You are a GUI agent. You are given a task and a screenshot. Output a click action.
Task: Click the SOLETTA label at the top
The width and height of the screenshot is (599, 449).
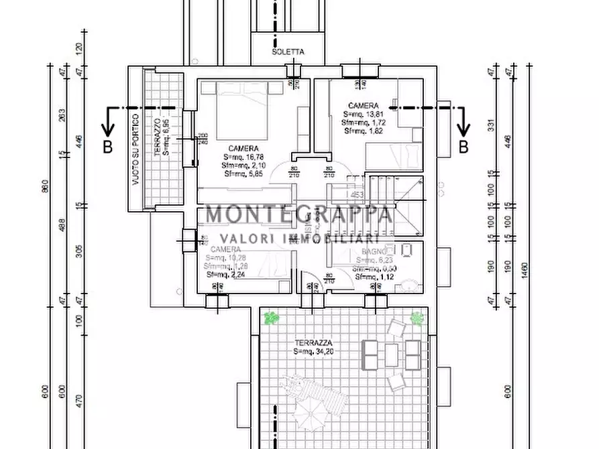tap(288, 52)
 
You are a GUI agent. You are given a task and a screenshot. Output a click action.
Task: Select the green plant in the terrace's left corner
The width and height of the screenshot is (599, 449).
tap(271, 318)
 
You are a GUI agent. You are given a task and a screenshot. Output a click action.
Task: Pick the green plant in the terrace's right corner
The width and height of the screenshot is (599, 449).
tap(417, 317)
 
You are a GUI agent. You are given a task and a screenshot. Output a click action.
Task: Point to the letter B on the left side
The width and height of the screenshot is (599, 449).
tap(107, 147)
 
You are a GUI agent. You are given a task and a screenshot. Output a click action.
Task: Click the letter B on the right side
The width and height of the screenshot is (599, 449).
tap(463, 147)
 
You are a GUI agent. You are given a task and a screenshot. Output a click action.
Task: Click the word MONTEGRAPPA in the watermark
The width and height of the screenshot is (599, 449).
tap(298, 214)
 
